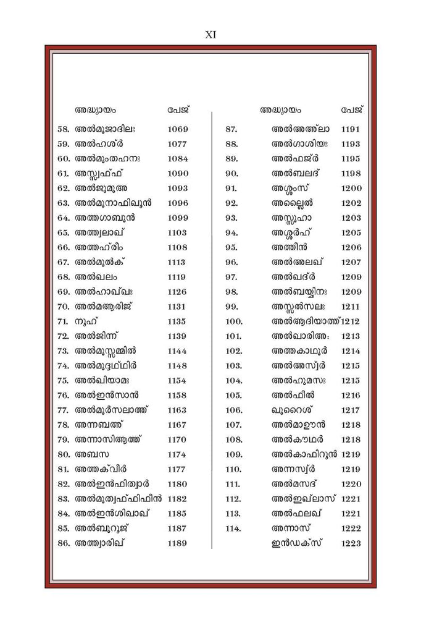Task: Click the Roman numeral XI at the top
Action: point(210,35)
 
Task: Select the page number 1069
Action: point(177,129)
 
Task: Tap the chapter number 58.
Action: point(63,129)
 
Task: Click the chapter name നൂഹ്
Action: point(86,321)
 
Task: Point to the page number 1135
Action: point(177,321)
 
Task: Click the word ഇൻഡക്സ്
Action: point(302,543)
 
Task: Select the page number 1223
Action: point(351,543)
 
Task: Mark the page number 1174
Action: point(177,454)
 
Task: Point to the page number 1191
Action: point(351,129)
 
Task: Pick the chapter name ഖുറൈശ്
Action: point(294,410)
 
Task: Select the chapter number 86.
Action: point(63,543)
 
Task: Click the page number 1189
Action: point(177,543)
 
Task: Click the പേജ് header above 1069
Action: point(178,110)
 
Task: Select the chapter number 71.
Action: point(63,321)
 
